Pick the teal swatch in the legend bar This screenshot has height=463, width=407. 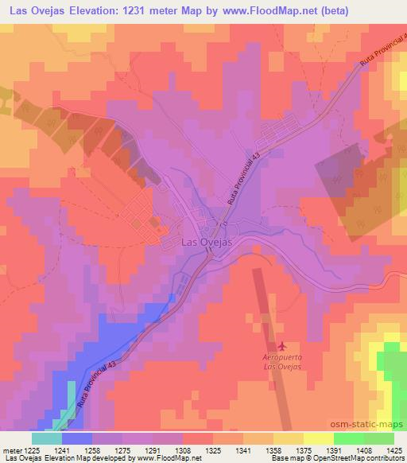47,438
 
